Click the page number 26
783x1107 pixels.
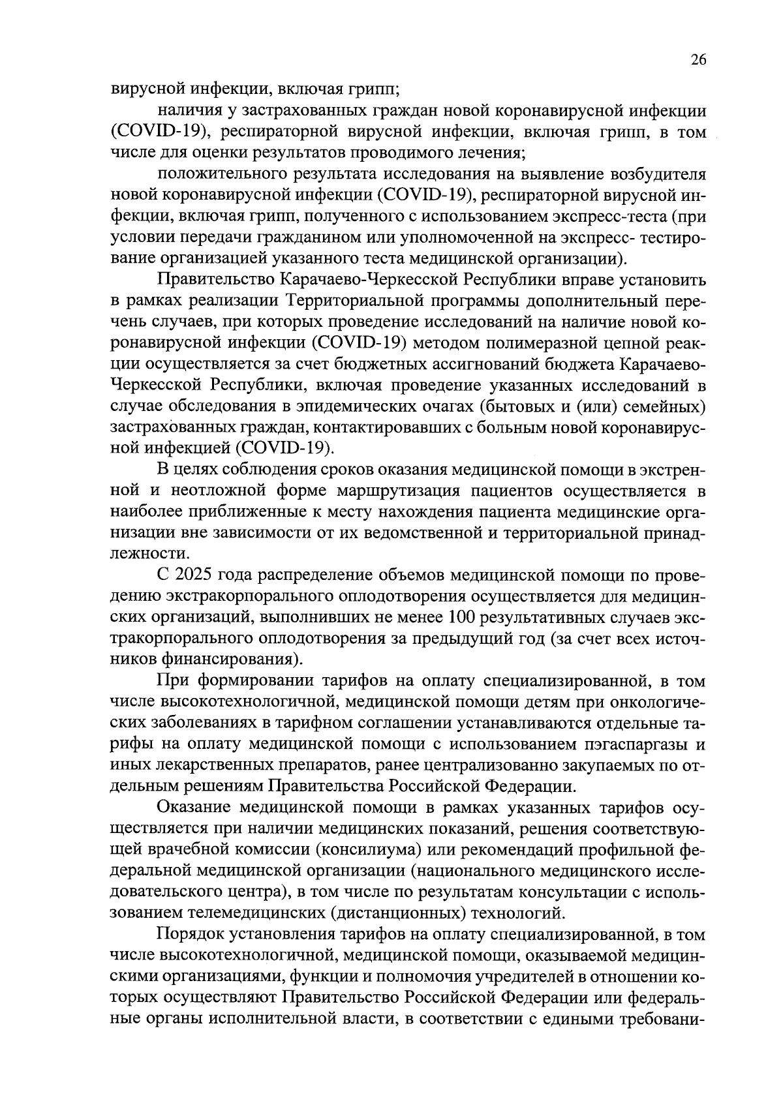698,60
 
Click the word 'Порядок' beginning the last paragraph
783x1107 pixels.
188,935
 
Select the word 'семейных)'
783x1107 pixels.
668,406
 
